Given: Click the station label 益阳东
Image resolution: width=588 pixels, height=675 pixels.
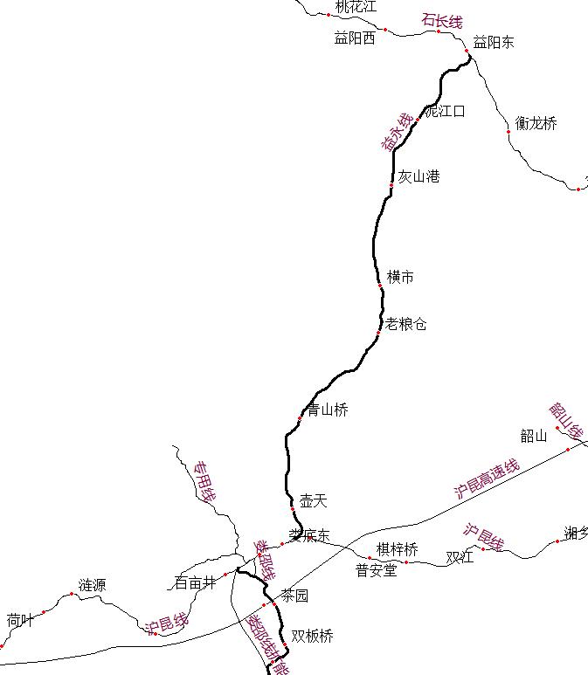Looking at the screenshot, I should click(x=494, y=41).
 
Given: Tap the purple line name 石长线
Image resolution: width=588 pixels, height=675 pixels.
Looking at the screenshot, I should click(x=442, y=21).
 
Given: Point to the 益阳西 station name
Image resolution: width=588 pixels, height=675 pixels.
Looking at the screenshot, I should click(x=355, y=38).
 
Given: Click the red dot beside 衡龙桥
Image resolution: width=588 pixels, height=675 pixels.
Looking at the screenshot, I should click(x=508, y=132).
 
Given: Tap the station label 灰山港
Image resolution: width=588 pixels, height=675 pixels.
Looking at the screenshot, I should click(x=419, y=176).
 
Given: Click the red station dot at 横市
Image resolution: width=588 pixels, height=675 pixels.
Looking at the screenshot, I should click(x=380, y=286).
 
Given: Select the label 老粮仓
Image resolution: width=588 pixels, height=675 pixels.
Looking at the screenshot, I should click(x=406, y=324).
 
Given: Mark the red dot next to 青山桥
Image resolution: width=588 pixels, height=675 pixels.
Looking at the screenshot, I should click(x=300, y=419).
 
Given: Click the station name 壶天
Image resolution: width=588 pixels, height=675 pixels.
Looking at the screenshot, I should click(x=313, y=500).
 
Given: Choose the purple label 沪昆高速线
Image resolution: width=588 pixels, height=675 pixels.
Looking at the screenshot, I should click(x=487, y=479).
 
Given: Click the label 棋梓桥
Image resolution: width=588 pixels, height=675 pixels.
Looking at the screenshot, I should click(x=398, y=549).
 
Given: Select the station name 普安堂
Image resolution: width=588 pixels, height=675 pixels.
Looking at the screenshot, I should click(x=376, y=570).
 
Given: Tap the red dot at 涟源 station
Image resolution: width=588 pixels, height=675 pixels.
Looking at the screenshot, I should click(x=72, y=594).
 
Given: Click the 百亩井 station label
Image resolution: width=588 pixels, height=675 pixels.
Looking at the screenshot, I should click(x=195, y=582).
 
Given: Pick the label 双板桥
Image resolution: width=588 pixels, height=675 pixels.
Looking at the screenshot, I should click(x=312, y=636).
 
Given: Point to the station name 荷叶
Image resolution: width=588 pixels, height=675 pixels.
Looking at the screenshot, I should click(x=20, y=620).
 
